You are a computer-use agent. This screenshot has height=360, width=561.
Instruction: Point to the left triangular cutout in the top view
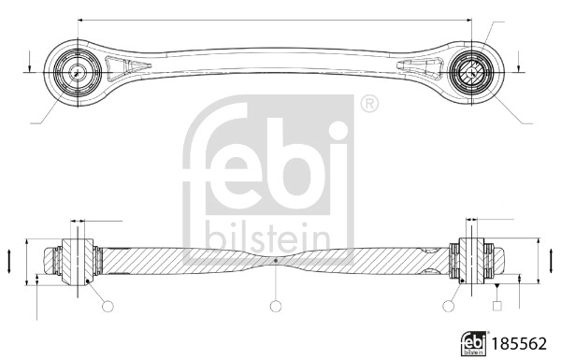(122, 67)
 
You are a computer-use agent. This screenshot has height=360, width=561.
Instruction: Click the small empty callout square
(496, 305)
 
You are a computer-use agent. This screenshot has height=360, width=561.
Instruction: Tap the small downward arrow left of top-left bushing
(31, 65)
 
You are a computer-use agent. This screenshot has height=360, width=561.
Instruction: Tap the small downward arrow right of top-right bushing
(517, 64)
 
